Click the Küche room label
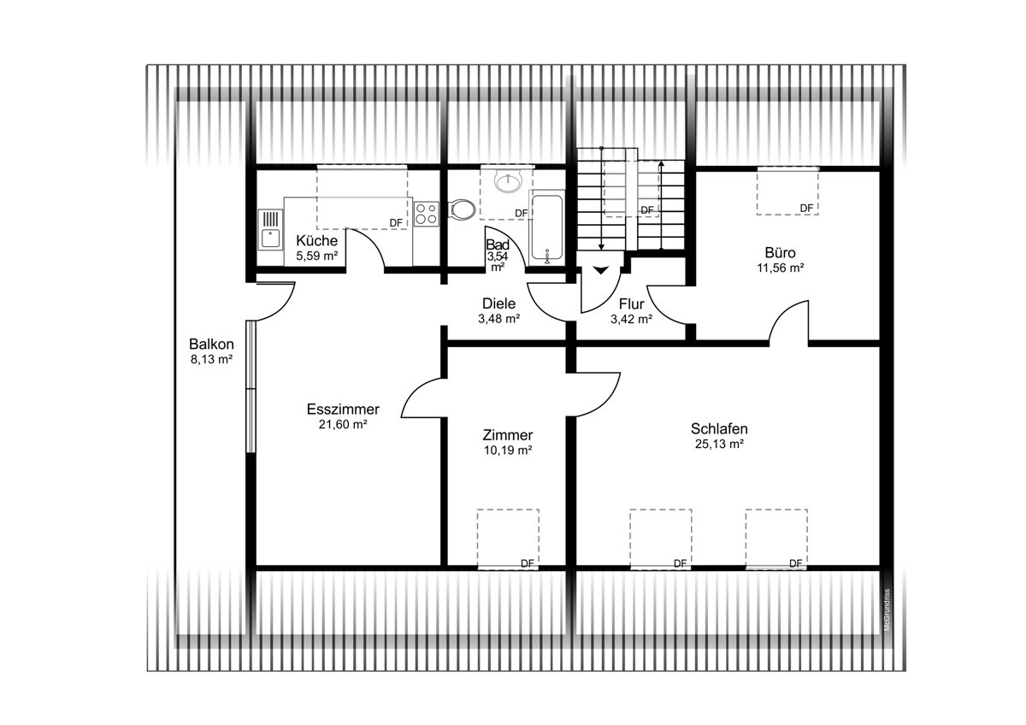[x=316, y=240]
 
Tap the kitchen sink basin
[x=271, y=239]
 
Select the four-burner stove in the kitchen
[x=426, y=214]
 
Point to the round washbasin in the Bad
[x=508, y=181]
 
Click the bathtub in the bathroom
[x=546, y=228]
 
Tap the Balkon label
[x=212, y=344]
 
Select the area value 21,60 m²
[x=343, y=425]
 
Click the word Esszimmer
[x=343, y=409]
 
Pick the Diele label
[x=498, y=304]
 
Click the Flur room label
[x=632, y=304]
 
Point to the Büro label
[x=780, y=252]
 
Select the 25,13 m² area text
[x=719, y=444]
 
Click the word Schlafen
[x=719, y=428]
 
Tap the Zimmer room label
[x=508, y=434]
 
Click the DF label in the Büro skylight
[x=806, y=209]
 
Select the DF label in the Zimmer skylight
[x=528, y=563]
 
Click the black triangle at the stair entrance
[x=601, y=270]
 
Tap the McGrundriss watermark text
[x=887, y=610]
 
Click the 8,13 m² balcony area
[x=212, y=359]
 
